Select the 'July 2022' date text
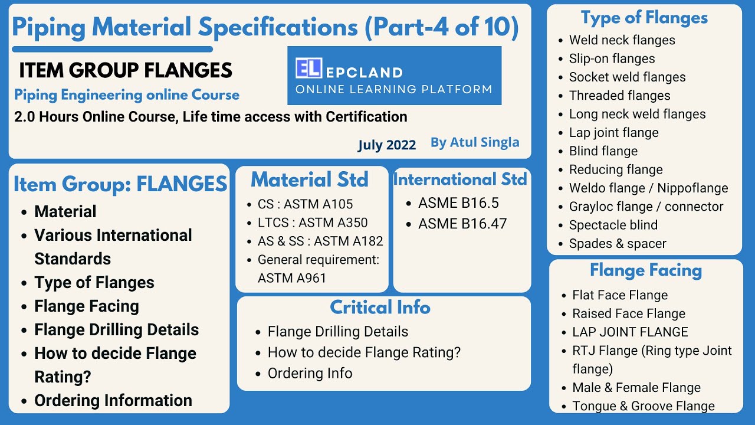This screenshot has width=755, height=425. point(386,145)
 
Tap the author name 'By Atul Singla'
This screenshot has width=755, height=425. point(475,142)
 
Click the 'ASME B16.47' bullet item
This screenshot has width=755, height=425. point(462,224)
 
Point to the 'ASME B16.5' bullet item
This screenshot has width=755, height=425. point(458,203)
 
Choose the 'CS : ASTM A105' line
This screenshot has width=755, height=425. point(305,204)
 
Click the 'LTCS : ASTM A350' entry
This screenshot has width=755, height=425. point(313,223)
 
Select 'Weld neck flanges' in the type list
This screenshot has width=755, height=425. point(622,40)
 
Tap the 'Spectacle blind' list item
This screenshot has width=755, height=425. point(613,225)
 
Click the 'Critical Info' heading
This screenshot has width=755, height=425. point(380,308)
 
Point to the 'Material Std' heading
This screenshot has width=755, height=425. point(310,179)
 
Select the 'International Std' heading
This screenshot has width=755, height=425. point(460,179)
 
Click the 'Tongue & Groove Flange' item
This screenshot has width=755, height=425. point(643,406)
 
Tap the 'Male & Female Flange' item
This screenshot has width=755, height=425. point(636,388)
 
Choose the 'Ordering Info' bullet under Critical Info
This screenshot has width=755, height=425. point(310,374)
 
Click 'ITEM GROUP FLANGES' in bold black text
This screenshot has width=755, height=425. point(126,71)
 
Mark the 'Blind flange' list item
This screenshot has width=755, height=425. point(603,151)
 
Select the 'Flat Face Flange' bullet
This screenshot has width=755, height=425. point(620,295)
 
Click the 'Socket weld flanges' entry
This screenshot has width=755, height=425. point(627,77)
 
